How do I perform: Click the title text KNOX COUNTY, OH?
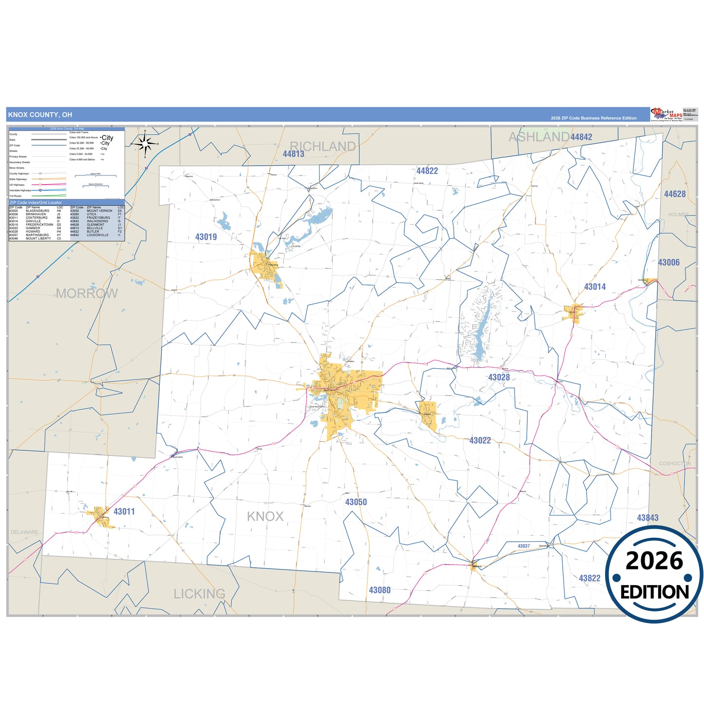click(40, 115)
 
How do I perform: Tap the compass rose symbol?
click(145, 144)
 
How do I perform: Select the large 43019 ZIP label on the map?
click(206, 237)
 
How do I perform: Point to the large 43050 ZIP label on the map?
click(356, 502)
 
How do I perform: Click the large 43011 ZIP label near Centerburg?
click(124, 512)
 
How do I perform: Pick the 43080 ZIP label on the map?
click(380, 590)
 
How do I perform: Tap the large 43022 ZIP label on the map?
click(480, 440)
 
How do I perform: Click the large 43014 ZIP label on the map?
click(595, 287)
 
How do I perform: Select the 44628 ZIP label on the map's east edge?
click(675, 194)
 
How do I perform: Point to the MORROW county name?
click(87, 293)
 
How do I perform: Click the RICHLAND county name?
click(323, 146)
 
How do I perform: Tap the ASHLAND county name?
click(539, 137)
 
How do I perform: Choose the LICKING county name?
click(200, 594)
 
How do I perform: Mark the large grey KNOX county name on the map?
click(265, 516)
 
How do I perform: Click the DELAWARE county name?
click(24, 533)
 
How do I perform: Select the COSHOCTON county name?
click(675, 463)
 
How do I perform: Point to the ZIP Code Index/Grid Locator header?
click(36, 202)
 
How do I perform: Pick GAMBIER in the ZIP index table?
click(33, 228)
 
